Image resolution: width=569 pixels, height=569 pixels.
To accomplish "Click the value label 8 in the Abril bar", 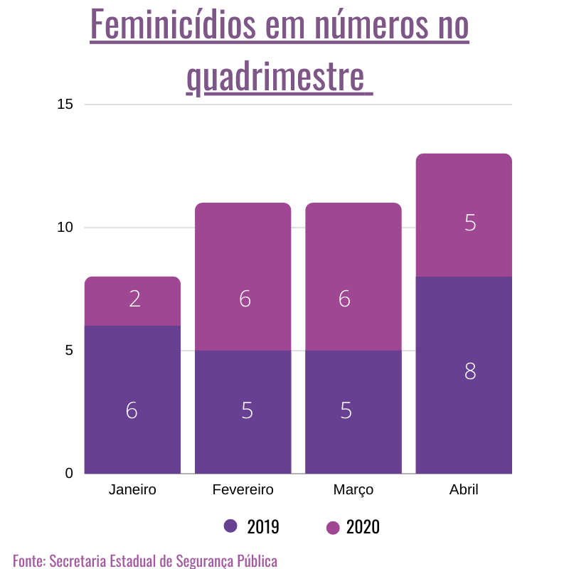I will point(470,371).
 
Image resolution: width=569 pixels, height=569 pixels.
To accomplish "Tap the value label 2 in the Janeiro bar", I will point(135,299).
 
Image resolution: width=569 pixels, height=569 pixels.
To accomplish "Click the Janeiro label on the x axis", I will point(132,490).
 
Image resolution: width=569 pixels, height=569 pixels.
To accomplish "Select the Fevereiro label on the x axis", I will point(243,490).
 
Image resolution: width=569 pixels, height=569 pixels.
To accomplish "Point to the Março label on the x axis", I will point(353,490).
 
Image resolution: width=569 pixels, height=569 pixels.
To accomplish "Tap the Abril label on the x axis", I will point(464,490).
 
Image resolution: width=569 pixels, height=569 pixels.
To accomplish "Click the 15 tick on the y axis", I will point(65,105).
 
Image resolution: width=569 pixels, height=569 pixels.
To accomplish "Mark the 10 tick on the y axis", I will point(65,228).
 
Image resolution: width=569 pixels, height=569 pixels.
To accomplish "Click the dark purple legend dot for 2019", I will point(230,526).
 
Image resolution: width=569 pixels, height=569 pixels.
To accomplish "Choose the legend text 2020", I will point(363,527).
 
